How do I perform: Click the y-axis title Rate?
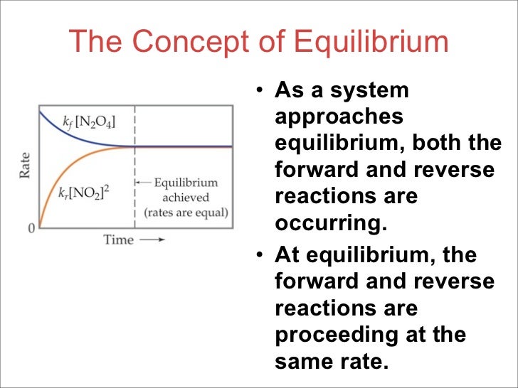pyautogui.click(x=26, y=164)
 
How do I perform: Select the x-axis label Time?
pyautogui.click(x=118, y=239)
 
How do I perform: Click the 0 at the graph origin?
pyautogui.click(x=31, y=228)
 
